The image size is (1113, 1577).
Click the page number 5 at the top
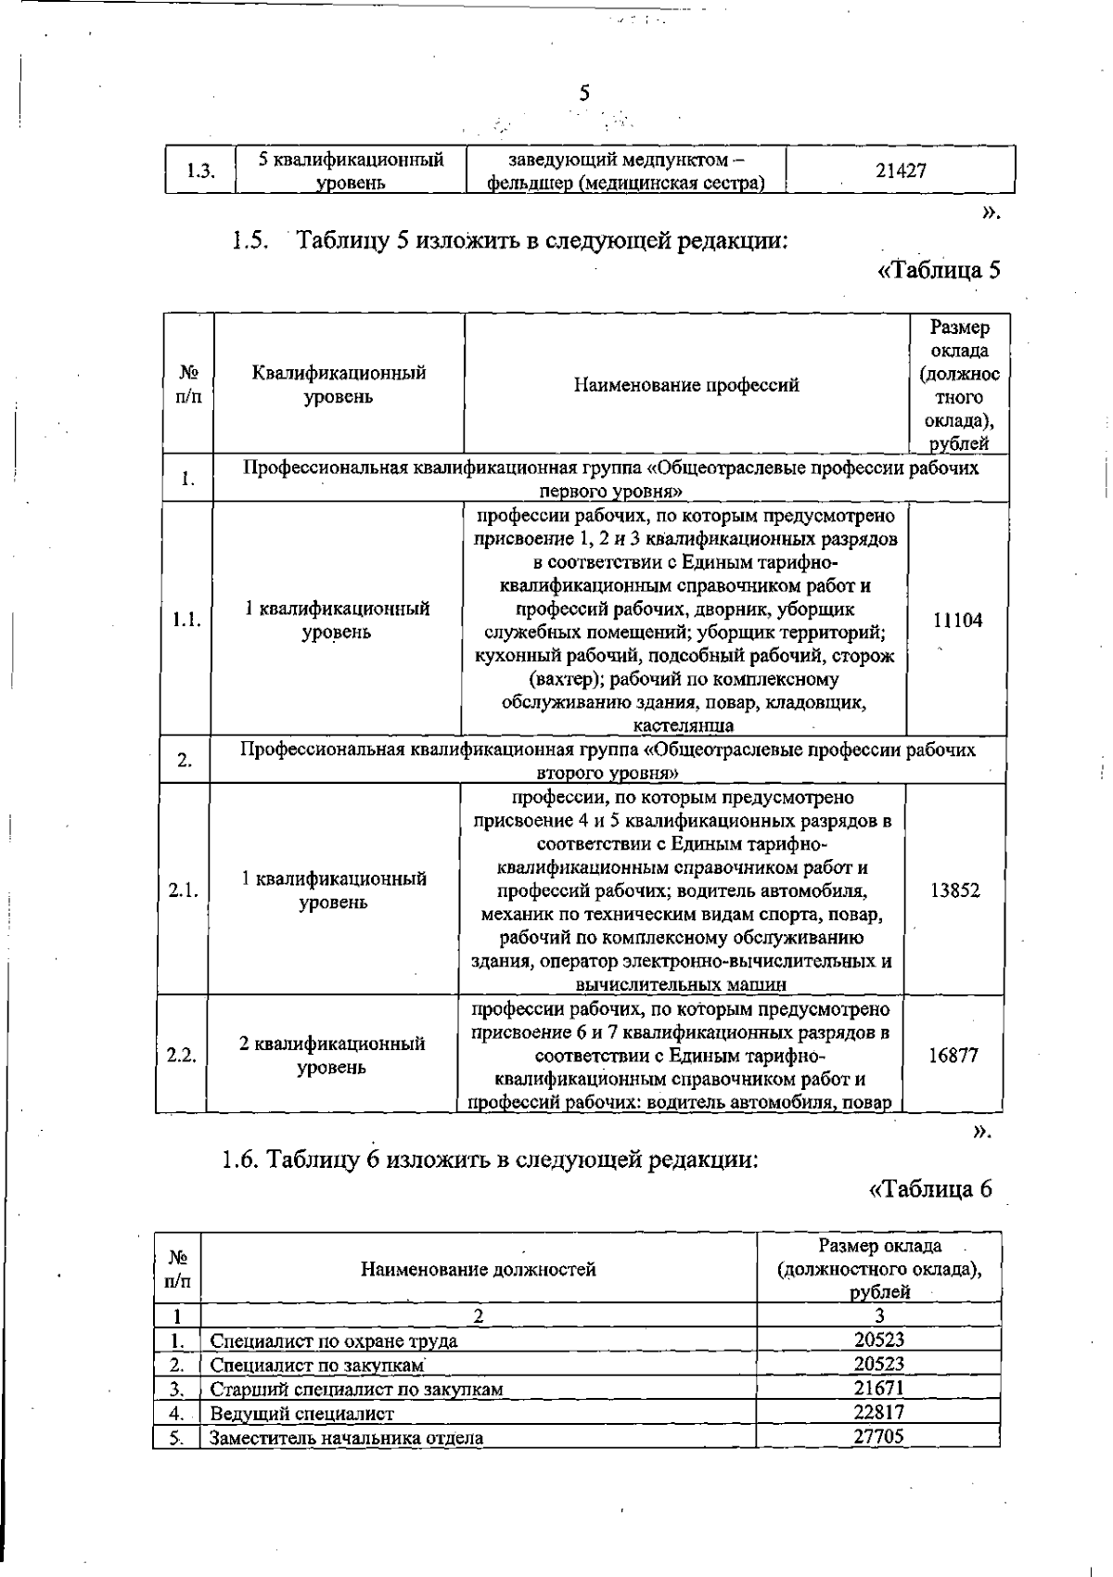coord(584,93)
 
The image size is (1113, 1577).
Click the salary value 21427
coord(901,171)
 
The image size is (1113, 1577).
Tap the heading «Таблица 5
coord(939,271)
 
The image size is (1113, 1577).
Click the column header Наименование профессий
coord(686,385)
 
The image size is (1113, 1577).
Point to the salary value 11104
coord(957,621)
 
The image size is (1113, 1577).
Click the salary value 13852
coord(954,891)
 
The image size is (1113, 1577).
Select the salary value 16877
coord(953,1056)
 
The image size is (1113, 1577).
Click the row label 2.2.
coord(182,1056)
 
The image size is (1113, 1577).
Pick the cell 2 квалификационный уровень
coord(332,1056)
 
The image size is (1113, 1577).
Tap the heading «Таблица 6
coord(930,1189)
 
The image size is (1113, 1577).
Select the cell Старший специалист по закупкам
coord(357,1390)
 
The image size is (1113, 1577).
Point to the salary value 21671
coord(878,1389)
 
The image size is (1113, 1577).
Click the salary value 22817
coord(878,1413)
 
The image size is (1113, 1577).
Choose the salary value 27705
coord(878,1437)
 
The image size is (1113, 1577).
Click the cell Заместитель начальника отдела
coord(347,1439)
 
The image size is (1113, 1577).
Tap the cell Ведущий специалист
coord(302,1415)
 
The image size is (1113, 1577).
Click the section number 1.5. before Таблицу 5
coord(250,242)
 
